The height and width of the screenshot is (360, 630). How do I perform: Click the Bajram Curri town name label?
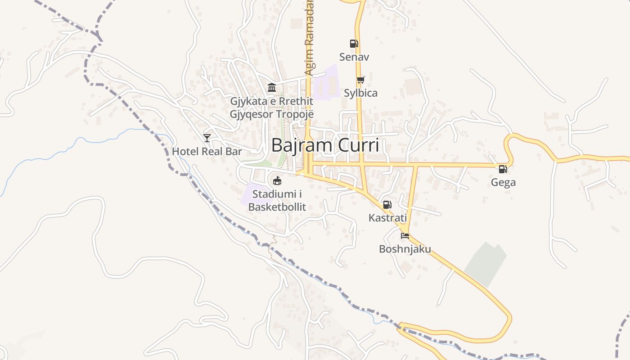(x=325, y=145)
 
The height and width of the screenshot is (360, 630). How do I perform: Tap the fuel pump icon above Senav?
(x=354, y=44)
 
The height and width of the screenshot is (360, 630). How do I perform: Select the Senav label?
(x=354, y=57)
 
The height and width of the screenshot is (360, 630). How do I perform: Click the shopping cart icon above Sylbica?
(x=360, y=80)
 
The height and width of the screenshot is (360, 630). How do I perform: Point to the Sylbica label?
(x=360, y=93)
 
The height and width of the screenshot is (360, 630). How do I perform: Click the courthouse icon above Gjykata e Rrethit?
(x=271, y=87)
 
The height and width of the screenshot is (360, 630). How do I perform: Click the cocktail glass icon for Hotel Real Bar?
(x=207, y=138)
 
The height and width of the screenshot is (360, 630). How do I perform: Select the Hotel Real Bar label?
(x=207, y=151)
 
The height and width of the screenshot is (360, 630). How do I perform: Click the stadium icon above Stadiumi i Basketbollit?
(x=277, y=181)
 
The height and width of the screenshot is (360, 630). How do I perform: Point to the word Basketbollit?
(x=277, y=207)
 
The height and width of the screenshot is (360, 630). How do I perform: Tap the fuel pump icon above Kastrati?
(x=387, y=205)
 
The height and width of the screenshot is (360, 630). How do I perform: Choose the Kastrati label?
(x=387, y=218)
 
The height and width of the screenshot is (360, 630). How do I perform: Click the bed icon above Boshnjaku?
(x=405, y=235)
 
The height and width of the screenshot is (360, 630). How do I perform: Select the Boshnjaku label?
(x=405, y=249)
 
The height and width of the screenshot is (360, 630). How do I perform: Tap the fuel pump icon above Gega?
(x=503, y=169)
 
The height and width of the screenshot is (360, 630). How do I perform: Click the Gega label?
(x=503, y=182)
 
